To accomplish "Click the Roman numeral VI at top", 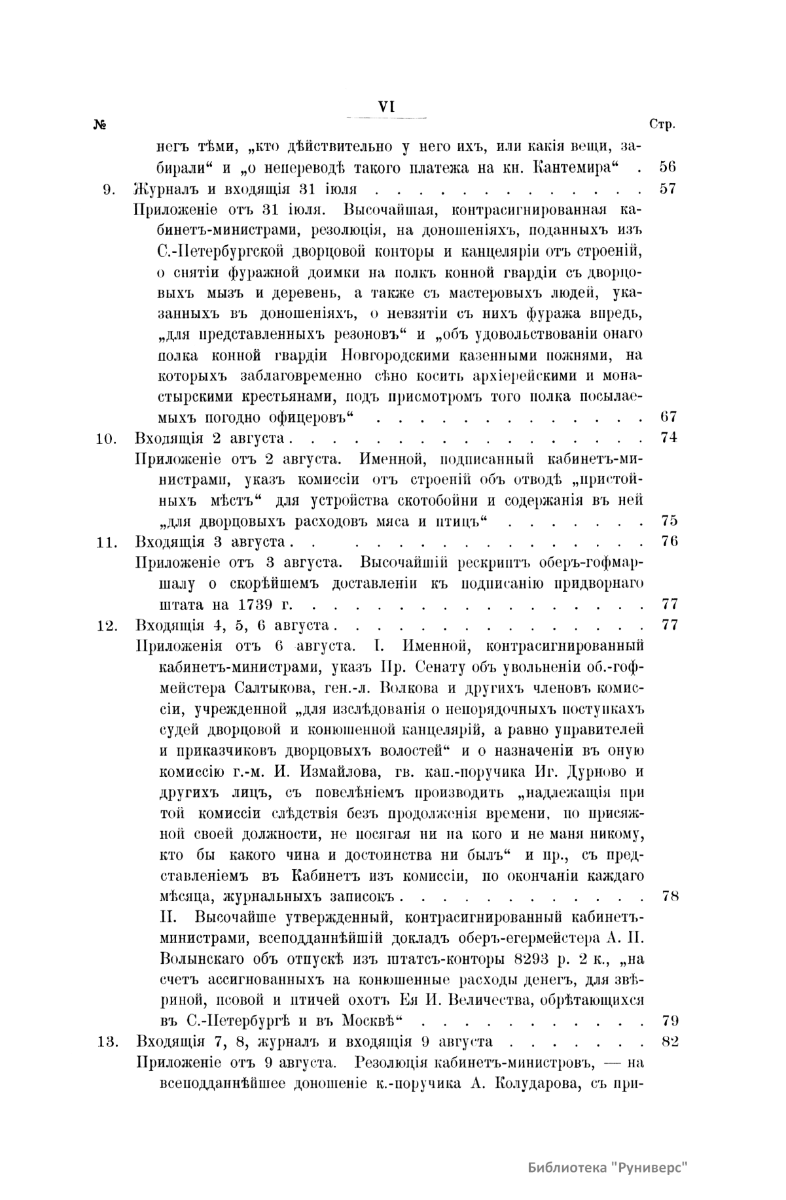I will click(385, 107).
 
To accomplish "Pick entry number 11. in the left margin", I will click(106, 542).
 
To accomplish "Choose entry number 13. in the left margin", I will click(106, 1041).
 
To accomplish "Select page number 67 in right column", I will click(668, 417).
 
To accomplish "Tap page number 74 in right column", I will click(668, 438).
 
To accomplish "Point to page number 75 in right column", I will click(668, 521).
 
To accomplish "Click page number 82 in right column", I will click(670, 1041).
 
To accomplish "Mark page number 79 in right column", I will click(670, 1020).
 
